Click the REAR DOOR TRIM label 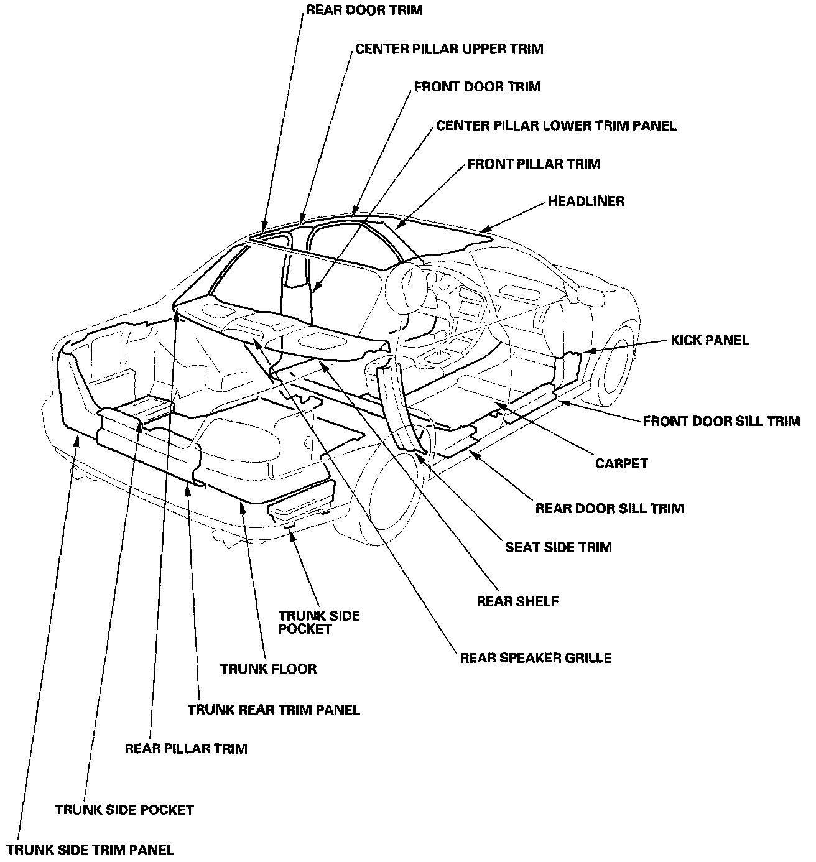[x=364, y=11]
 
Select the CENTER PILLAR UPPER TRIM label [x=449, y=49]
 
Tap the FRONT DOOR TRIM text [x=477, y=87]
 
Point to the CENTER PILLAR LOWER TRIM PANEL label [x=556, y=126]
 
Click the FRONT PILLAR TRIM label [x=534, y=164]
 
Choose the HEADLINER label [x=586, y=202]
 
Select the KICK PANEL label [x=710, y=340]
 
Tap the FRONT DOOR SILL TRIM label [x=721, y=422]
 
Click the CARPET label [x=621, y=463]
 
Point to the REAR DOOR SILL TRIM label [x=609, y=508]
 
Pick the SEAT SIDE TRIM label [x=558, y=547]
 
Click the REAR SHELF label [x=517, y=601]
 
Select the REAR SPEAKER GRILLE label [x=535, y=657]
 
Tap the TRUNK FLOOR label [x=269, y=669]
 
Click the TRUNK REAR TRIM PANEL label [x=274, y=710]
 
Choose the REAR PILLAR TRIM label [x=186, y=748]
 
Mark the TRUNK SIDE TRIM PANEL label [x=90, y=850]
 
